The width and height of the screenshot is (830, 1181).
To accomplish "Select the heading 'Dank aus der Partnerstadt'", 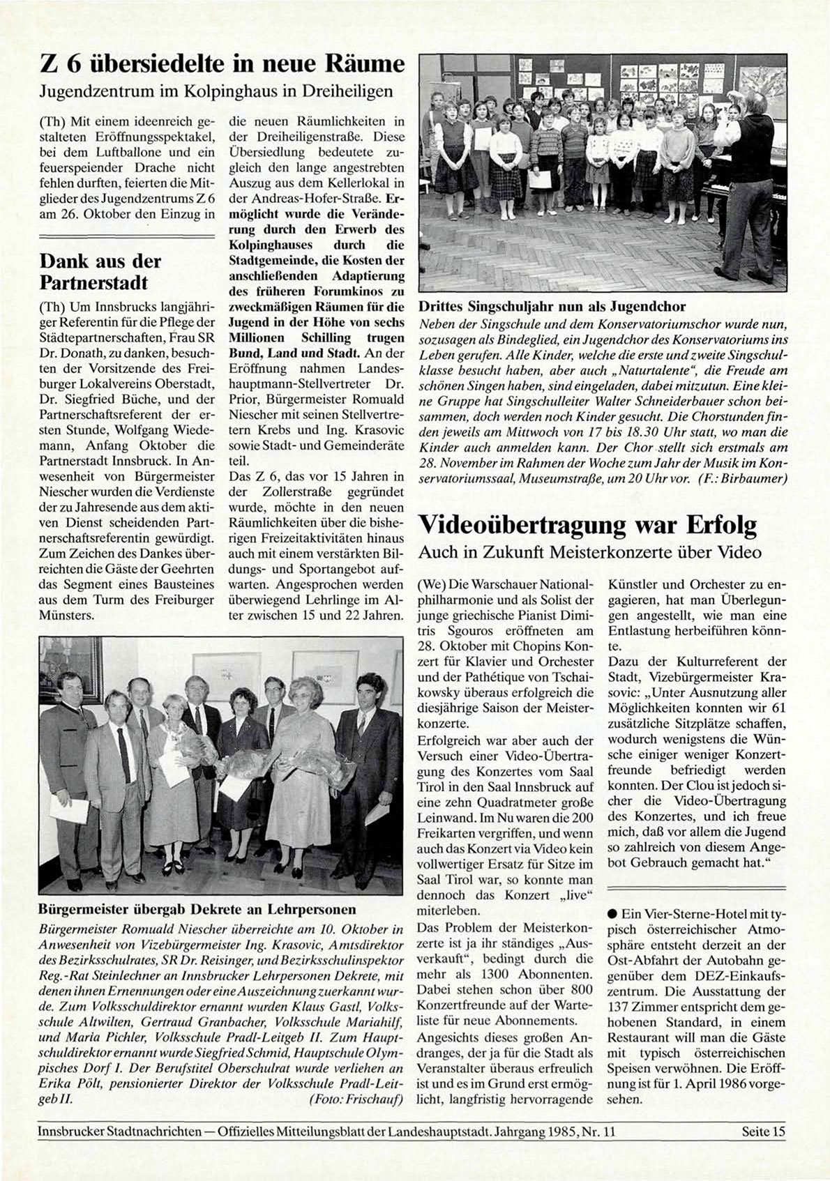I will (x=100, y=272).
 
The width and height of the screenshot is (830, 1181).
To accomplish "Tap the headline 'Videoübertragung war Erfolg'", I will (x=587, y=525).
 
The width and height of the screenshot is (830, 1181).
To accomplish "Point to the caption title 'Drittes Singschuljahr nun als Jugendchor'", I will (x=552, y=306).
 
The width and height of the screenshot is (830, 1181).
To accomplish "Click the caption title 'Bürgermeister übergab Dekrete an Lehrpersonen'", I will (x=197, y=909).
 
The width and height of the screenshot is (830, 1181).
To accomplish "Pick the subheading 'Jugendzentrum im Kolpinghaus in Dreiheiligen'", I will (x=216, y=91).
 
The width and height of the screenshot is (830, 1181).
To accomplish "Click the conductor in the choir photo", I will (x=753, y=174).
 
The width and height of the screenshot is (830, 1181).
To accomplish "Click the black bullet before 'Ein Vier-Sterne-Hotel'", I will (x=612, y=914).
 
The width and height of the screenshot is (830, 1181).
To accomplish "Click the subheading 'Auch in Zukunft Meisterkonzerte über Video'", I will (x=589, y=552).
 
